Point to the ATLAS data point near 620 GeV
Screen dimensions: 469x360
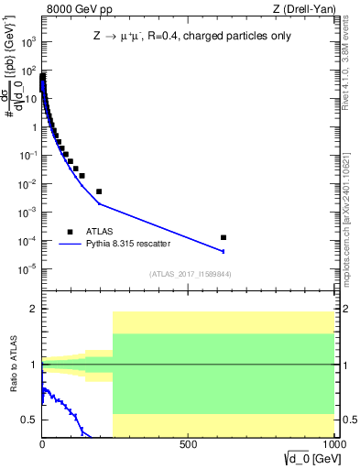point(224,237)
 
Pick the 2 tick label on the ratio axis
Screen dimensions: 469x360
point(33,309)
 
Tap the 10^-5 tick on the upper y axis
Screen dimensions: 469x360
point(27,268)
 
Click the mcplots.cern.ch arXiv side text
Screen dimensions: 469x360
point(352,210)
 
